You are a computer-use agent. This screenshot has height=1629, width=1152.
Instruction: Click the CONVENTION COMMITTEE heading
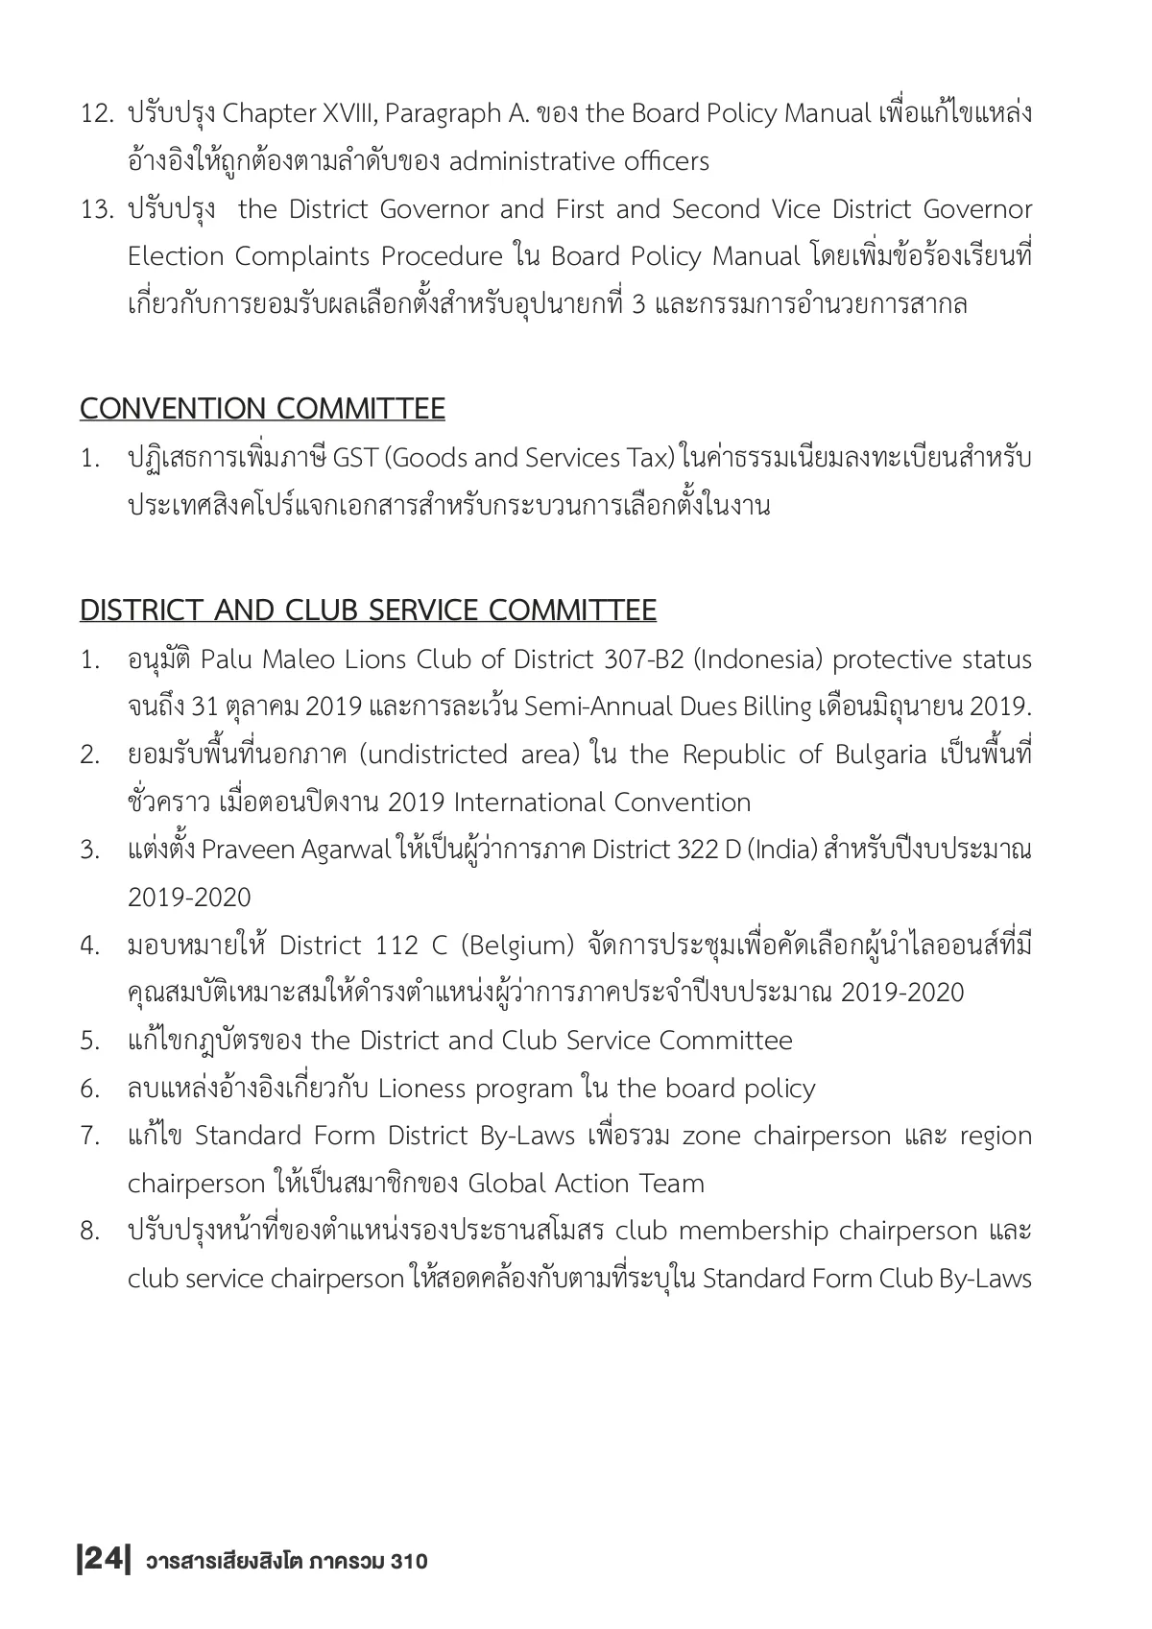pos(262,409)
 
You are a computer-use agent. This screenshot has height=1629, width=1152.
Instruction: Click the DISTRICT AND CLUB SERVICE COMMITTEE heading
pos(368,611)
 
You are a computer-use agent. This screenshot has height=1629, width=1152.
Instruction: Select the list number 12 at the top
pos(97,114)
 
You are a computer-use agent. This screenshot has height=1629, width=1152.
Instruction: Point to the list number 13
pos(97,209)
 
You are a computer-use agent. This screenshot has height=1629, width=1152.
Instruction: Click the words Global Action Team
pos(586,1184)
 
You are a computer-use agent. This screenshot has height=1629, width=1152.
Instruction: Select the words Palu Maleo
pos(256,660)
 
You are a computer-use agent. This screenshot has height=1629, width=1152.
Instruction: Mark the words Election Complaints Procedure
pos(315,257)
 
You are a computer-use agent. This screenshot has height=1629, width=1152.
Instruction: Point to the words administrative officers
pos(579,161)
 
